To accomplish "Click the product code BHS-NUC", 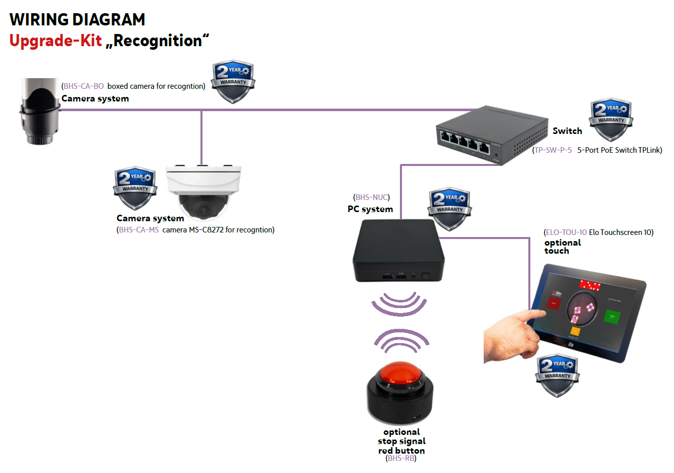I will (372, 197).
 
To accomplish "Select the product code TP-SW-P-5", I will (553, 150).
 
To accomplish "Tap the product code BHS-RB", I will (401, 458).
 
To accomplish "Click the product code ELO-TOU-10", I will (566, 232).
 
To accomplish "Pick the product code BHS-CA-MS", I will (139, 230).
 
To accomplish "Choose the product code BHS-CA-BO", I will (83, 86).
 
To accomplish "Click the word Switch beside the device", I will (567, 131).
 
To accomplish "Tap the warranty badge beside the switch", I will (611, 119).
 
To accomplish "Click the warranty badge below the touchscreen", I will (557, 375).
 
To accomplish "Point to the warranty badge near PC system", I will (450, 209).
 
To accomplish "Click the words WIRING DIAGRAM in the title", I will (77, 20).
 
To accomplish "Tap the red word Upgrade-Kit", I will (55, 41).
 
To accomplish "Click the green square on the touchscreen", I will (612, 317).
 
